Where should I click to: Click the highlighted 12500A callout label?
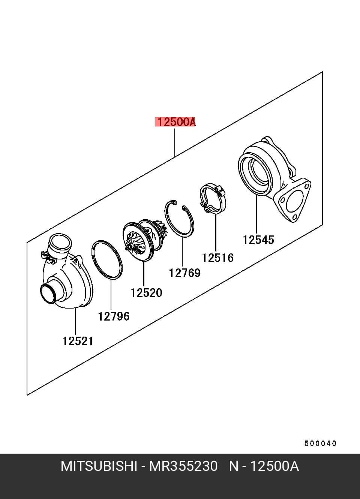coord(175,121)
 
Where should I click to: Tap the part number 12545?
coord(258,240)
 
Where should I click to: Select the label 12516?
coord(217,258)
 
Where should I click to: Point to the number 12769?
coord(184,273)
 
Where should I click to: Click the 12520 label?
coord(146,293)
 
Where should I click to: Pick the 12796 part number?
coord(114,316)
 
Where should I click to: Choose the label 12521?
coord(78,341)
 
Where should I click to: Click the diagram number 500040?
coord(321,443)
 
